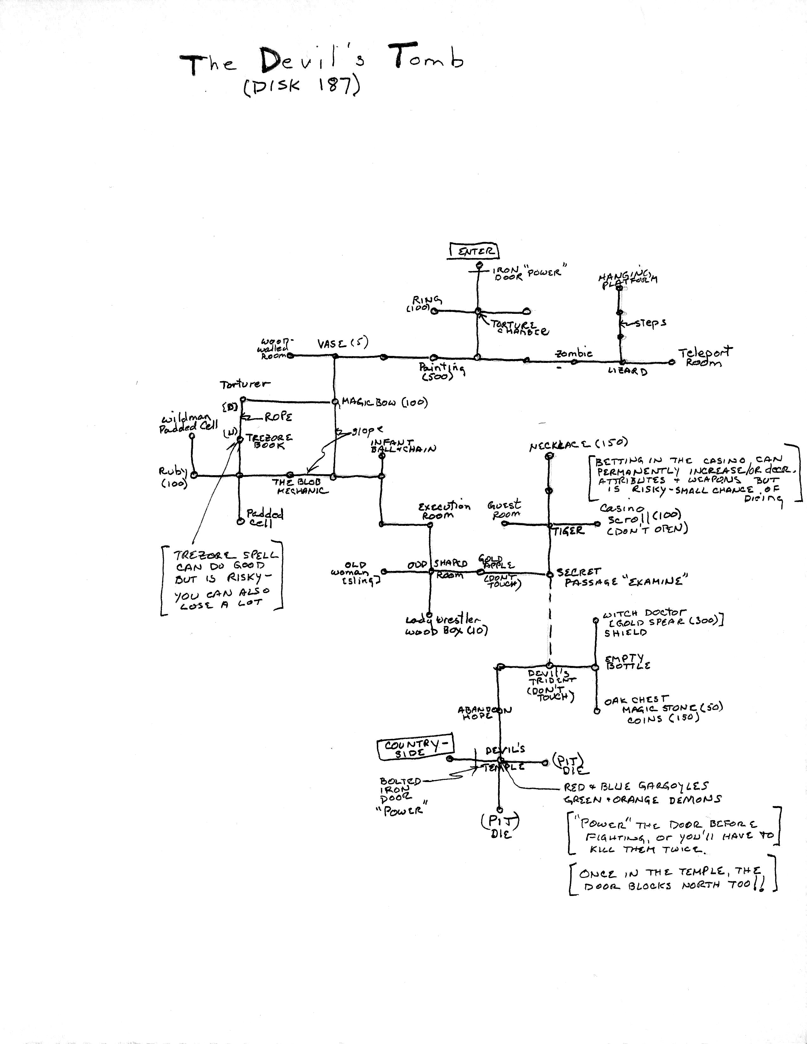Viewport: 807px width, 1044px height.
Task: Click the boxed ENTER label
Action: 473,251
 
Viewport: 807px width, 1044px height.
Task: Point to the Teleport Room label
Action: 704,357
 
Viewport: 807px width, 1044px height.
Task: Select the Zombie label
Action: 574,353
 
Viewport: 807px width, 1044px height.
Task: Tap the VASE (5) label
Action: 343,344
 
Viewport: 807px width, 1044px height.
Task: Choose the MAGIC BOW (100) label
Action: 385,402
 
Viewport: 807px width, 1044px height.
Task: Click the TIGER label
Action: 569,531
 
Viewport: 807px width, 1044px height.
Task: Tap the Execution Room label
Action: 444,511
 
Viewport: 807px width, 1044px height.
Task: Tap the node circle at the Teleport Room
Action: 672,362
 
